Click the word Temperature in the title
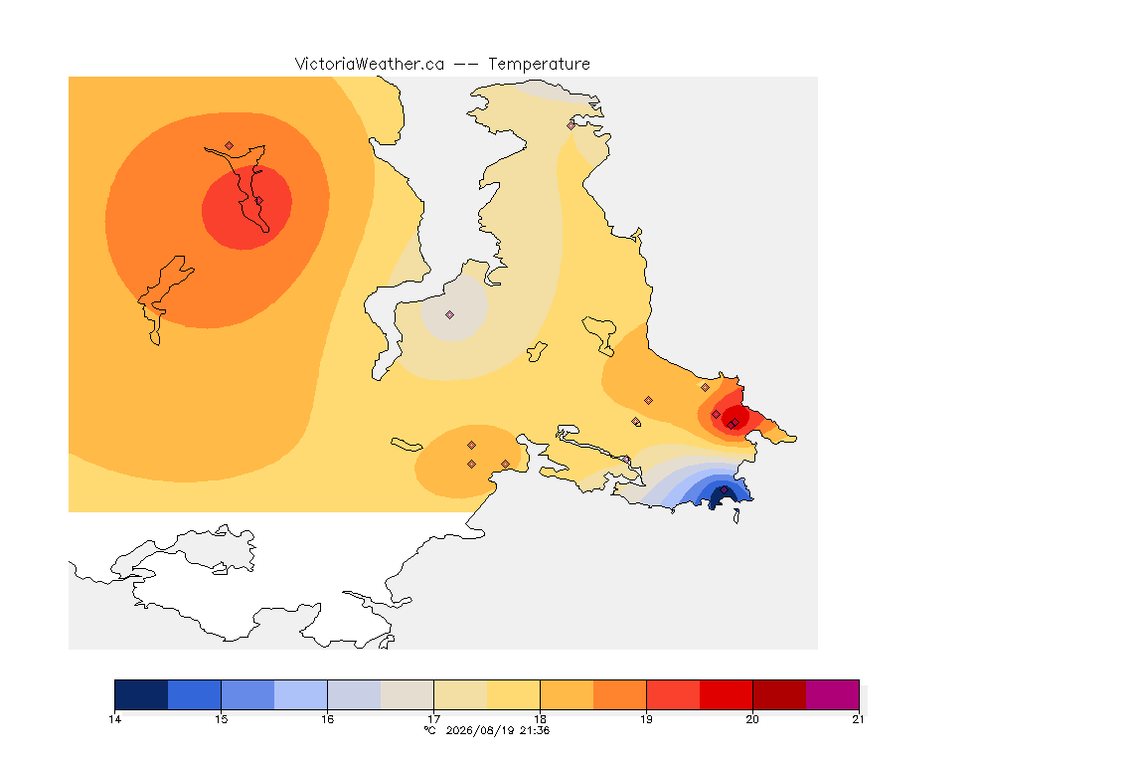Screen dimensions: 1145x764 pyautogui.click(x=539, y=65)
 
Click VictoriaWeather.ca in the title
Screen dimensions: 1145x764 pyautogui.click(x=370, y=65)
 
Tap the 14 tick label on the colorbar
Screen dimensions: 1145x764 pyautogui.click(x=114, y=719)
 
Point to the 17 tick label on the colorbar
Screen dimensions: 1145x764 pyautogui.click(x=433, y=719)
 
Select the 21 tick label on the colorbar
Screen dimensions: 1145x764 pyautogui.click(x=858, y=719)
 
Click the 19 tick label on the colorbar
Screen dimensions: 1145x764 pyautogui.click(x=646, y=719)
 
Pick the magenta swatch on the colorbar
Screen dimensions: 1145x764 pyautogui.click(x=833, y=694)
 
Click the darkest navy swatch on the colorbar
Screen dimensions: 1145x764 pyautogui.click(x=142, y=694)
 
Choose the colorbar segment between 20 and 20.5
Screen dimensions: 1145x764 pyautogui.click(x=779, y=694)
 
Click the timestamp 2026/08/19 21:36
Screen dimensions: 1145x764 pyautogui.click(x=497, y=730)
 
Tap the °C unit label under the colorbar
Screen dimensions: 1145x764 pyautogui.click(x=430, y=730)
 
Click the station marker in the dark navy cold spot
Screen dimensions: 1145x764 pyautogui.click(x=724, y=490)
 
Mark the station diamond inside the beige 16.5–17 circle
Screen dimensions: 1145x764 pyautogui.click(x=450, y=315)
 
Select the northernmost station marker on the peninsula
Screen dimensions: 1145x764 pyautogui.click(x=572, y=125)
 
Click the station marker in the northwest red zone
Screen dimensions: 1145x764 pyautogui.click(x=258, y=200)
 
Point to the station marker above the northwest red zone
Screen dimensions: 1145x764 pyautogui.click(x=230, y=146)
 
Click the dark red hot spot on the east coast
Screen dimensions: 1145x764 pyautogui.click(x=736, y=417)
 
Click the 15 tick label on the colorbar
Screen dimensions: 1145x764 pyautogui.click(x=222, y=719)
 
